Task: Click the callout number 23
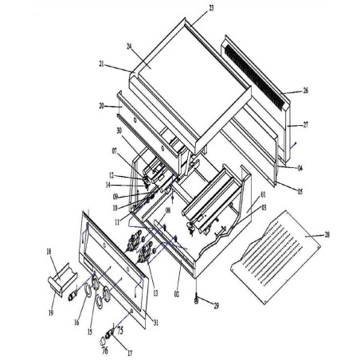(189, 7)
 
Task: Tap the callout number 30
(119, 131)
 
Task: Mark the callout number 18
(49, 251)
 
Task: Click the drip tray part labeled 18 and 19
(57, 276)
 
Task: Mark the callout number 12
(112, 174)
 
